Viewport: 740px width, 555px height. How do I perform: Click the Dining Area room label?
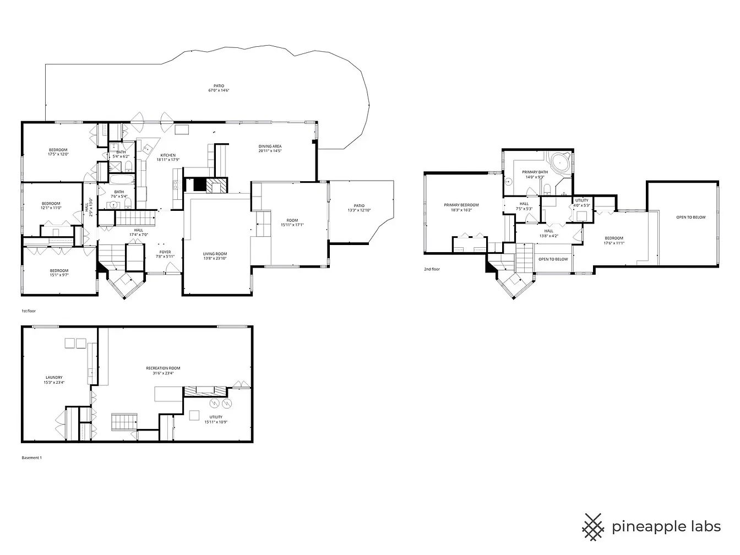(270, 149)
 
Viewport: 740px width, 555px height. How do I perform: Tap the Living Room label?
(215, 256)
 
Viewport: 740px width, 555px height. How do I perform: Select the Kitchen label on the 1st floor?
(168, 157)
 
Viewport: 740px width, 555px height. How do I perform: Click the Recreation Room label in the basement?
(163, 371)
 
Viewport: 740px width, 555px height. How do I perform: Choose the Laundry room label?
(54, 380)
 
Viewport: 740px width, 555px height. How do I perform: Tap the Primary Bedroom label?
(461, 207)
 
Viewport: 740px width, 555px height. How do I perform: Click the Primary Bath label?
(535, 175)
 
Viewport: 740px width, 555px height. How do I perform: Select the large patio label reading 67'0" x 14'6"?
(219, 88)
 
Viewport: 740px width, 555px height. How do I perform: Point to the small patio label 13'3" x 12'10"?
(359, 209)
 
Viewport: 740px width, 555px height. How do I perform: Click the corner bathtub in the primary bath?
(561, 164)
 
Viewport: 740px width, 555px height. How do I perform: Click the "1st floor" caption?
(29, 311)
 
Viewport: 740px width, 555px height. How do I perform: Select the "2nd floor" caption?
(432, 269)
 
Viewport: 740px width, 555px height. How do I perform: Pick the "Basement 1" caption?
(31, 458)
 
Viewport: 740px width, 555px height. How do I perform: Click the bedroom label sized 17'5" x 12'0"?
(58, 153)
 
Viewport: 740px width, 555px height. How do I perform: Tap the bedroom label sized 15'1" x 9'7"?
(59, 273)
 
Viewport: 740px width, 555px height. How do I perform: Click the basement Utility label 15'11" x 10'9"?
(216, 420)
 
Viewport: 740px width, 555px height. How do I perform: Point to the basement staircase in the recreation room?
(124, 422)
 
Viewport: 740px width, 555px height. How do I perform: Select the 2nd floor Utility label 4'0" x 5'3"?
(582, 203)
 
